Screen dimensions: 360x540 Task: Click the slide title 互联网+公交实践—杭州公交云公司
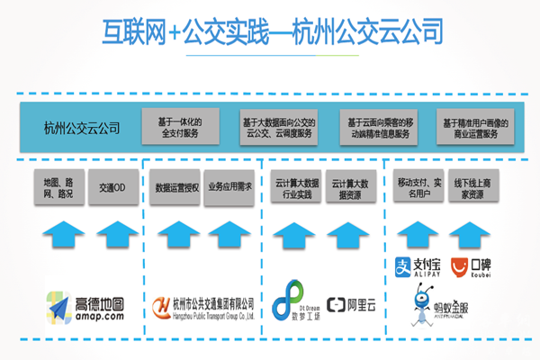pyautogui.click(x=270, y=32)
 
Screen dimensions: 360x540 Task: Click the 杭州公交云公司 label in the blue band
pyautogui.click(x=80, y=126)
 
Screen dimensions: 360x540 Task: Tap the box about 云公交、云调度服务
pyautogui.click(x=278, y=126)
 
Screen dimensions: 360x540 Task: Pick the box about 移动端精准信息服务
pyautogui.click(x=379, y=126)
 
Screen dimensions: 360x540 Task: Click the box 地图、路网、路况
pyautogui.click(x=55, y=187)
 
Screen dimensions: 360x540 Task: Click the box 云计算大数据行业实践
pyautogui.click(x=293, y=187)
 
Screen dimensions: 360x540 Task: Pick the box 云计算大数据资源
pyautogui.click(x=352, y=187)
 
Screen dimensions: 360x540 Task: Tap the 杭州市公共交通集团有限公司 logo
pyautogui.click(x=203, y=306)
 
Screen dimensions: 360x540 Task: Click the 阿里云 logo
pyautogui.click(x=351, y=304)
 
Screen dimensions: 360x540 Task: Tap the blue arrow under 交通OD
pyautogui.click(x=115, y=239)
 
